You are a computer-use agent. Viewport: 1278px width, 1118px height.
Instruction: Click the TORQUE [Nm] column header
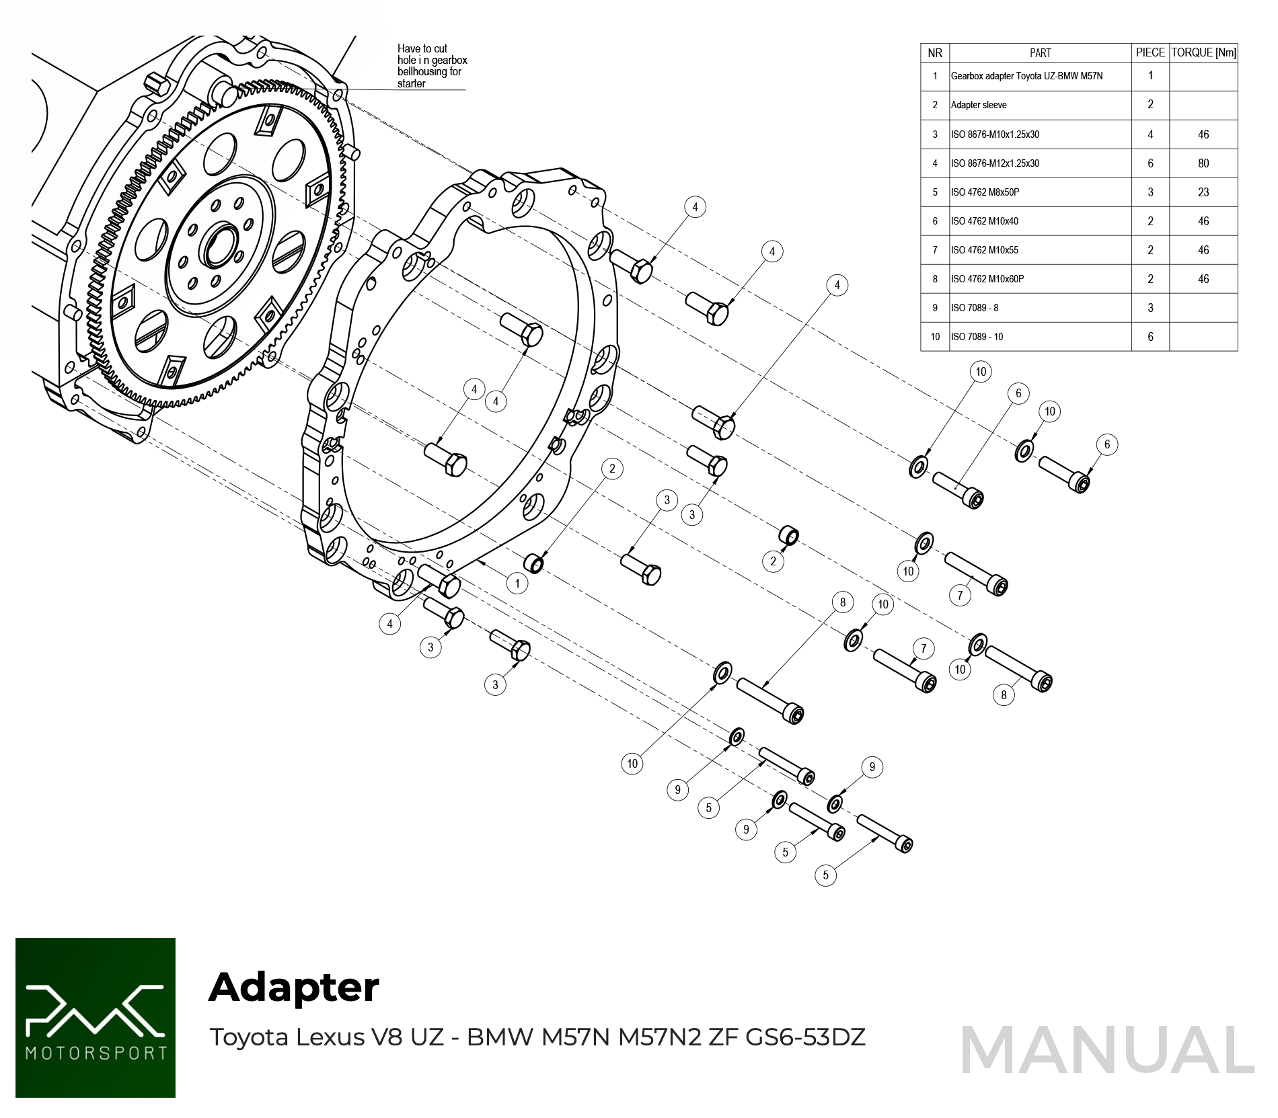pyautogui.click(x=1203, y=52)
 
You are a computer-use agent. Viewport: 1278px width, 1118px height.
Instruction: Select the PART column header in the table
pyautogui.click(x=1040, y=52)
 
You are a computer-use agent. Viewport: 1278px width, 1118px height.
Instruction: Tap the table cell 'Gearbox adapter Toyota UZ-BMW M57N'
pyautogui.click(x=1026, y=76)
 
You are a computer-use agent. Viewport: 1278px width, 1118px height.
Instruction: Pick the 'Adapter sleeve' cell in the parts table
pyautogui.click(x=979, y=105)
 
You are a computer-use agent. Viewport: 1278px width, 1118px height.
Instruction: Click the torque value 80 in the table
pyautogui.click(x=1203, y=163)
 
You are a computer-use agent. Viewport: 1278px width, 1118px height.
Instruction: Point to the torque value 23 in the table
pyautogui.click(x=1203, y=192)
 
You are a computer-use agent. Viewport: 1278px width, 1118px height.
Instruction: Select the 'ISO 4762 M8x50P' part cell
pyautogui.click(x=985, y=192)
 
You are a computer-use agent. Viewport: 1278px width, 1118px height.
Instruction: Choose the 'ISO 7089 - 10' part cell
pyautogui.click(x=977, y=337)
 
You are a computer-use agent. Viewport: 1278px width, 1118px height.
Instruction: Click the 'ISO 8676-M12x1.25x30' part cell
pyautogui.click(x=995, y=163)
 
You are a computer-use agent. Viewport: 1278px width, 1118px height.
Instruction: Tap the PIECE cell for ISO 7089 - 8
pyautogui.click(x=1150, y=308)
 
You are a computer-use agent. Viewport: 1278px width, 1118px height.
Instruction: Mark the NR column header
pyautogui.click(x=935, y=52)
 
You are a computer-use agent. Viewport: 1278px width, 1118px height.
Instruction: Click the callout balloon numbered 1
pyautogui.click(x=517, y=584)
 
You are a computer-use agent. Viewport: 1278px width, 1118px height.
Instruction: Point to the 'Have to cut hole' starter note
pyautogui.click(x=431, y=66)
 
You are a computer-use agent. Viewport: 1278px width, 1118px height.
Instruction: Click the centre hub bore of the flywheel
pyautogui.click(x=219, y=246)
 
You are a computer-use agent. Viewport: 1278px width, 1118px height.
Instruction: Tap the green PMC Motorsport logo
pyautogui.click(x=96, y=1017)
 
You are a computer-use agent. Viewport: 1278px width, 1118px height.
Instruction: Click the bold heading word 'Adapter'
pyautogui.click(x=294, y=988)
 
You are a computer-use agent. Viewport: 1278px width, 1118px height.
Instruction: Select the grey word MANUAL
pyautogui.click(x=1107, y=1050)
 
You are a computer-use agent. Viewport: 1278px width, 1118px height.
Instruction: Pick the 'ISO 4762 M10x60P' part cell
pyautogui.click(x=987, y=279)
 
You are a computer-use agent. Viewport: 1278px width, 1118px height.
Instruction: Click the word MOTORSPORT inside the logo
pyautogui.click(x=96, y=1053)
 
